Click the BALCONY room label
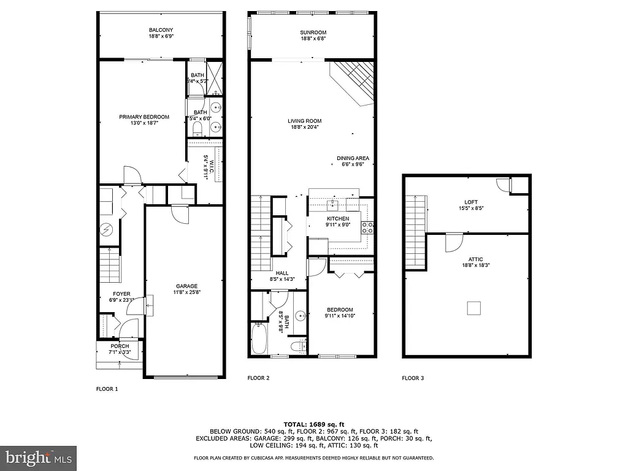click(161, 30)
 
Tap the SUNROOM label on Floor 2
click(313, 33)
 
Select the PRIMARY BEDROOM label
click(144, 117)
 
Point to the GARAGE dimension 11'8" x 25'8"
click(187, 293)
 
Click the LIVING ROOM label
click(305, 121)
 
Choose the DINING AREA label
click(353, 158)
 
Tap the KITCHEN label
click(337, 218)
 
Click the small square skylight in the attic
click(473, 308)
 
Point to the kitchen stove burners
click(370, 228)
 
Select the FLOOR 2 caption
click(258, 378)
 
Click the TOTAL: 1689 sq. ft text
click(313, 424)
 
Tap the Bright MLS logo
click(38, 458)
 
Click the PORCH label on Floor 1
click(120, 347)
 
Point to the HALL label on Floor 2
click(282, 273)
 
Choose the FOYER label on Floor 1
click(121, 294)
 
